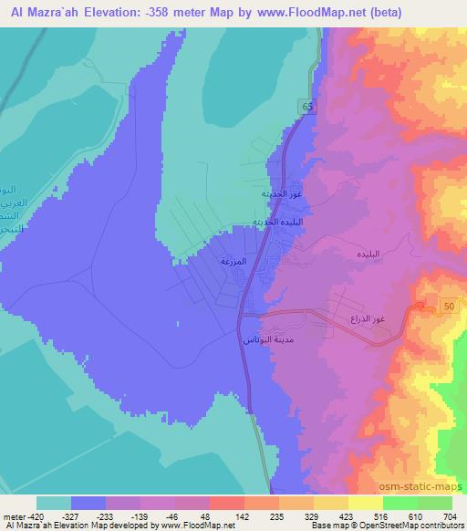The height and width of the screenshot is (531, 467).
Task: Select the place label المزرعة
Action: click(x=234, y=261)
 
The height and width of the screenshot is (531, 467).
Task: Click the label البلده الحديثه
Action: click(x=289, y=223)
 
